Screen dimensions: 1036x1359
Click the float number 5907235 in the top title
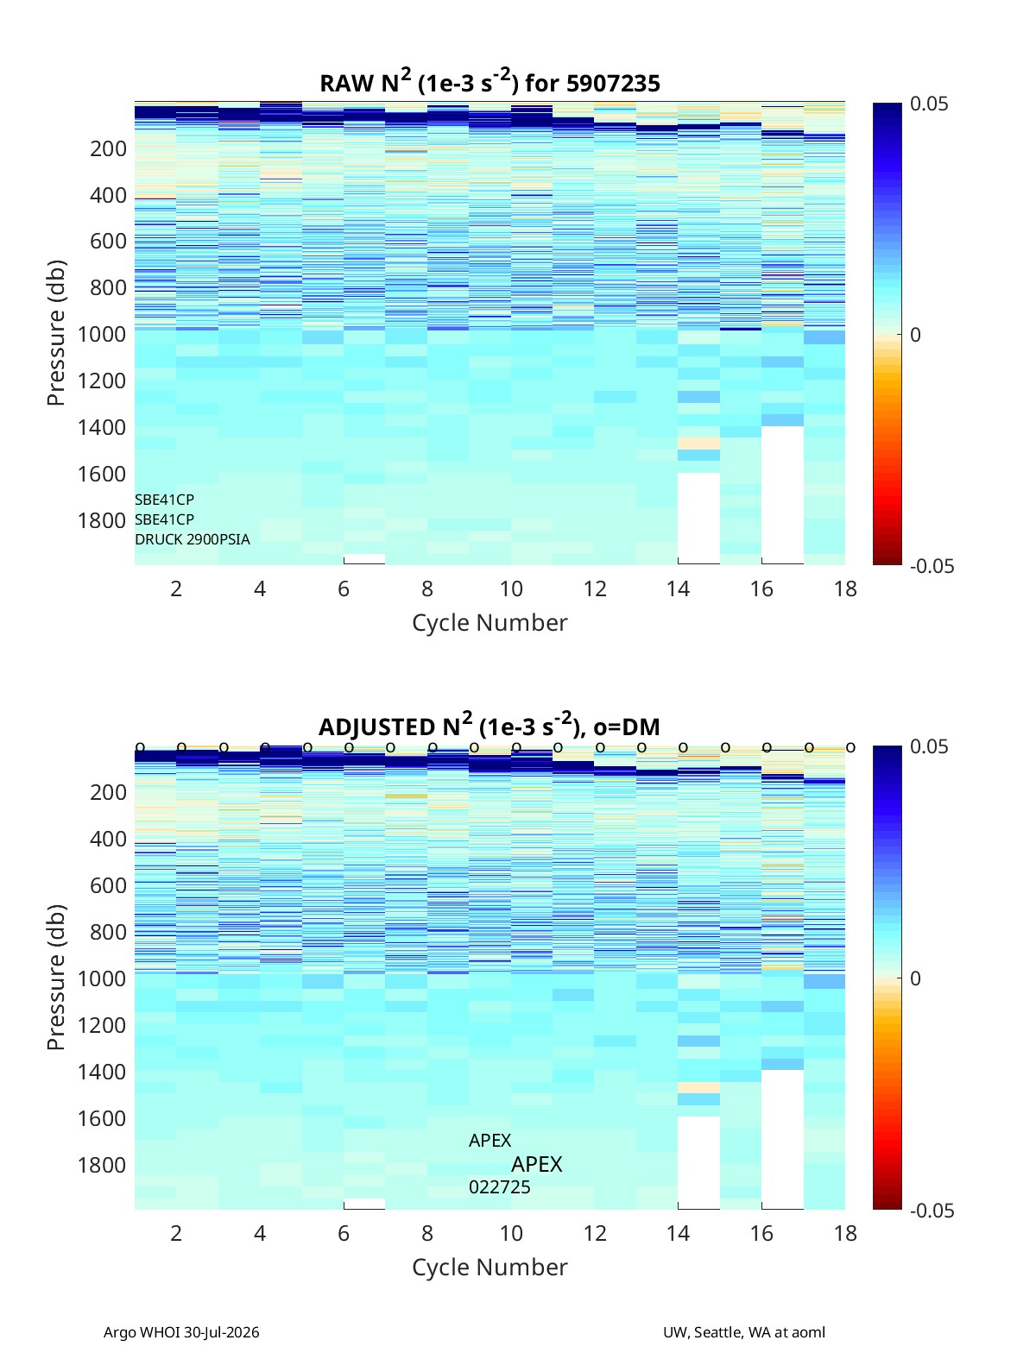tap(612, 84)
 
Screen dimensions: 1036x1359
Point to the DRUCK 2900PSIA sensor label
tap(192, 539)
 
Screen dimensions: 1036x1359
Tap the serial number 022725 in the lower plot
tap(499, 1187)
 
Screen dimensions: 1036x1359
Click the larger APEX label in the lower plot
tap(536, 1165)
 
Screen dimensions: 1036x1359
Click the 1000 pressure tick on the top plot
tap(102, 334)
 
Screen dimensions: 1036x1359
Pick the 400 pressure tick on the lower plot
tap(108, 839)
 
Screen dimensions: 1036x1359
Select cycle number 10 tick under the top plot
tap(511, 588)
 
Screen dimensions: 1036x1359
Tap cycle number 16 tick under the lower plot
tap(761, 1233)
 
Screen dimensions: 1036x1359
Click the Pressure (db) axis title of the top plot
tap(56, 333)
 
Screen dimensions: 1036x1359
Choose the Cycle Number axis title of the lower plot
tap(490, 1268)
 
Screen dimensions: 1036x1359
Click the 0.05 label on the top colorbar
tap(929, 104)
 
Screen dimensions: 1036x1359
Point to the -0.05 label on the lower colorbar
tap(932, 1211)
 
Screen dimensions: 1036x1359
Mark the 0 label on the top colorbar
tap(915, 335)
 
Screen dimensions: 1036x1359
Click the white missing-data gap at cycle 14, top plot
tap(698, 519)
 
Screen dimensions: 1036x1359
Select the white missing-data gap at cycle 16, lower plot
tap(782, 1139)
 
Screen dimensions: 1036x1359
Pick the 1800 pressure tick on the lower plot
tap(102, 1165)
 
